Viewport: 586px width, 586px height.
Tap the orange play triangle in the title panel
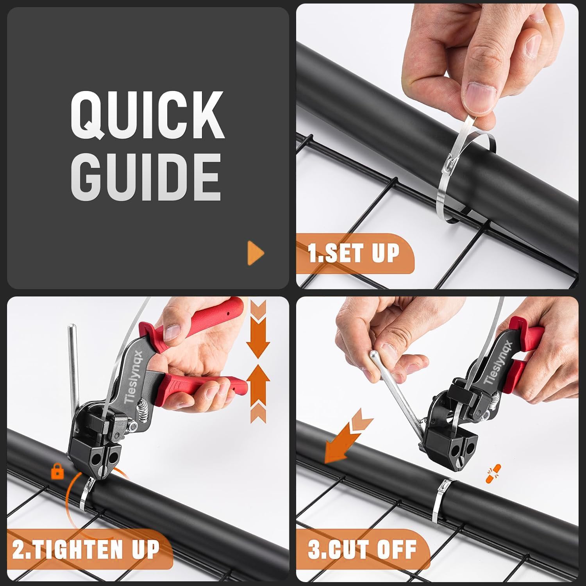click(255, 253)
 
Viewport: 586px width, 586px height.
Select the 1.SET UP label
click(354, 253)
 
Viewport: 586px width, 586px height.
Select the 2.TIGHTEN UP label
click(86, 549)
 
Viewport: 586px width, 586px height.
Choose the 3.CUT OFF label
click(362, 549)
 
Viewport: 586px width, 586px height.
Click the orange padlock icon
click(57, 472)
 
